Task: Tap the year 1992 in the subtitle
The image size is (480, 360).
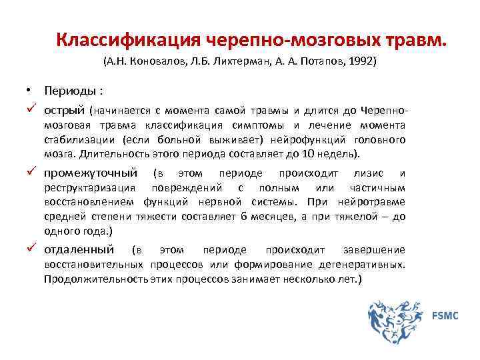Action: pyautogui.click(x=363, y=61)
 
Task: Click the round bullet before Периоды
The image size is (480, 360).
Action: pyautogui.click(x=30, y=90)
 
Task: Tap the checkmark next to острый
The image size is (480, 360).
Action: pyautogui.click(x=31, y=108)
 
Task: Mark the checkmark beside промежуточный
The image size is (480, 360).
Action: pyautogui.click(x=31, y=173)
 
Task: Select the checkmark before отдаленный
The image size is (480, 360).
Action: pyautogui.click(x=31, y=249)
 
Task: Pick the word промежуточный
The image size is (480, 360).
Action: pyautogui.click(x=91, y=173)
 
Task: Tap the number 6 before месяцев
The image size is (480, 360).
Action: pyautogui.click(x=245, y=216)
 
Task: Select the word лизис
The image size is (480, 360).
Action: pyautogui.click(x=369, y=173)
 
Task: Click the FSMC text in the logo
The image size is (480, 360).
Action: pyautogui.click(x=445, y=315)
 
